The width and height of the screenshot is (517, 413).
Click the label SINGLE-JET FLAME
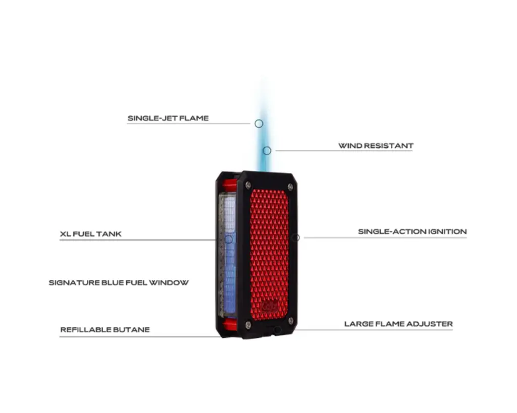[168, 119]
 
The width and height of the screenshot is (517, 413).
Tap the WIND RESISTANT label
[376, 146]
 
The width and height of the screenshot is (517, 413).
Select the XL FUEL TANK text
[90, 234]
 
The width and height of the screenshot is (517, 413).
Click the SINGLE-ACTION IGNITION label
[412, 231]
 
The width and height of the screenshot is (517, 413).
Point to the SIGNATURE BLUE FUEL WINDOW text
[119, 282]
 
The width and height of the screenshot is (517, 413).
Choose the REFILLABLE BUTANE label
[105, 330]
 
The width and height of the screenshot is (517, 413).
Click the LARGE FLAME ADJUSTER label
[398, 324]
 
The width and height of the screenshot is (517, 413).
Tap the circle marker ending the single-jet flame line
[258, 124]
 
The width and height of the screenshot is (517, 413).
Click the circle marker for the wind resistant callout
[267, 150]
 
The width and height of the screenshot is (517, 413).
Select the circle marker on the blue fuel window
[229, 239]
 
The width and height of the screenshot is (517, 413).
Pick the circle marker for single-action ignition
[296, 238]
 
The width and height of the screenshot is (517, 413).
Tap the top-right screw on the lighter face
[290, 187]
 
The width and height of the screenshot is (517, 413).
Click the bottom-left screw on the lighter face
[247, 324]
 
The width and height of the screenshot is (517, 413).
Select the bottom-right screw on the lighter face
[290, 321]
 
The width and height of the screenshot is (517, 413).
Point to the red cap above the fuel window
[229, 185]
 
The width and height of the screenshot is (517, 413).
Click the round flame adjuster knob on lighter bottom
[277, 331]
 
